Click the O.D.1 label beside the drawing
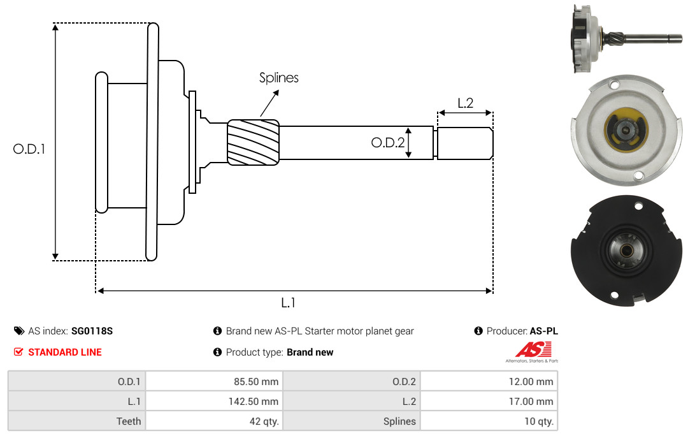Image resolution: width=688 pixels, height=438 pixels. tap(29, 149)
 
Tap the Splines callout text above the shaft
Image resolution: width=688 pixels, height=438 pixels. tap(278, 78)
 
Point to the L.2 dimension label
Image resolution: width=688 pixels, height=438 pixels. tap(465, 103)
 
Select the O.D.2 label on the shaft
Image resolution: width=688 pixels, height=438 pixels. tap(387, 142)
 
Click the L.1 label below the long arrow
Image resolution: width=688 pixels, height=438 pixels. tap(288, 303)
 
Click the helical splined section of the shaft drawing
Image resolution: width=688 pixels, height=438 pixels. tap(253, 142)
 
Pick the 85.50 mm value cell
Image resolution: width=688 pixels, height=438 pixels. tap(214, 381)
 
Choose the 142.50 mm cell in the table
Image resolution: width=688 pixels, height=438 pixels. tap(214, 401)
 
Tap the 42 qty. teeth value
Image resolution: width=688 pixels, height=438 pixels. tap(214, 421)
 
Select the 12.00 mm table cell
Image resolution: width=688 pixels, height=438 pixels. tap(489, 381)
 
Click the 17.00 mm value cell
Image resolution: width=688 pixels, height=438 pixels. tap(489, 401)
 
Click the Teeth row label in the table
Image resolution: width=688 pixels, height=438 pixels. tap(129, 421)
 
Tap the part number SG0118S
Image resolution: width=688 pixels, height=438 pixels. tap(92, 331)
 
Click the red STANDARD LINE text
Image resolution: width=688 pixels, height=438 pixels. tap(65, 352)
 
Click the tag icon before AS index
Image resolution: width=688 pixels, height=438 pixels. tap(19, 331)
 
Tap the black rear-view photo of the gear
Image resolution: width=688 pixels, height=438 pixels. tap(626, 250)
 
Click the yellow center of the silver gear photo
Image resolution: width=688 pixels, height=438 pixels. tap(625, 129)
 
